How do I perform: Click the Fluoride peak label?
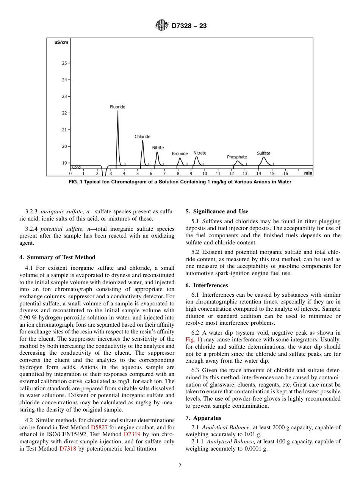tap(117, 107)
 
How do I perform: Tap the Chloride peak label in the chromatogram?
tap(142, 137)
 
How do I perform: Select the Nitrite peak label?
tap(158, 148)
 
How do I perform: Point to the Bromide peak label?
tap(180, 153)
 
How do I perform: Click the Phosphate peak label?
tap(237, 157)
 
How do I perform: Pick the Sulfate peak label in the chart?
tap(264, 153)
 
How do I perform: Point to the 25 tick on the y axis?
tap(64, 63)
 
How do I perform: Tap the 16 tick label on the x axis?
tap(285, 174)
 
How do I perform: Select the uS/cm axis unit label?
tap(61, 42)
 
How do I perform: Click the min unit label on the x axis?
tap(308, 173)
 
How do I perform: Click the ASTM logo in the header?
tap(162, 26)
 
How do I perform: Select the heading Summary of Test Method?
tap(57, 257)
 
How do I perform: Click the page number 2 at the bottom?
tap(180, 466)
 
